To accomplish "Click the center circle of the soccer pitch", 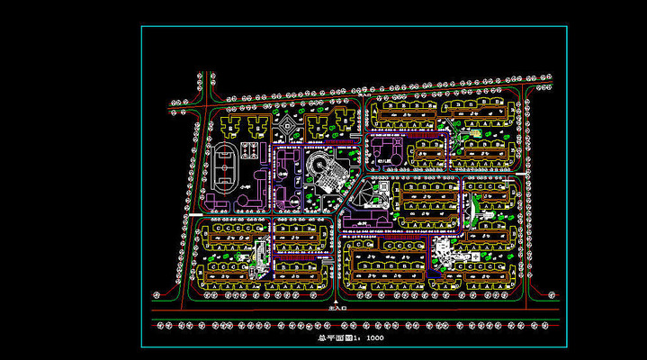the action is [x=225, y=167].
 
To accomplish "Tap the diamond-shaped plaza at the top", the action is [x=287, y=129].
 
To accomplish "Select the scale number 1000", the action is [x=374, y=339].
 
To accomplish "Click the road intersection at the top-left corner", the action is [x=203, y=100].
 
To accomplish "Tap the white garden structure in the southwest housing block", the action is [x=260, y=253].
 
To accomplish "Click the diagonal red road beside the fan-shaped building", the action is [x=355, y=194].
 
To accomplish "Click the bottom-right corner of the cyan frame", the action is [x=567, y=347].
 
